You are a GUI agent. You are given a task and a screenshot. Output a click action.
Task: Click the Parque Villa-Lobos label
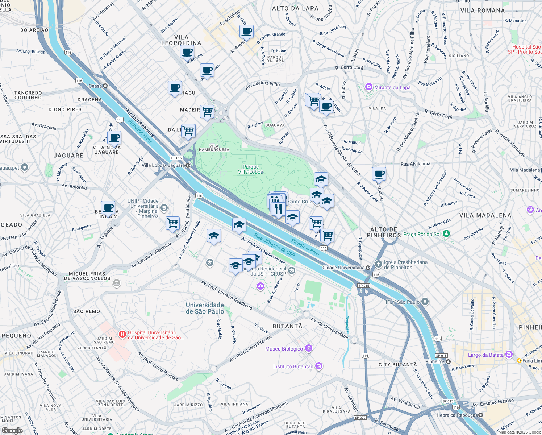pyautogui.click(x=250, y=169)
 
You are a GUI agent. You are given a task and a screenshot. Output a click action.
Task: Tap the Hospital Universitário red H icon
pyautogui.click(x=122, y=335)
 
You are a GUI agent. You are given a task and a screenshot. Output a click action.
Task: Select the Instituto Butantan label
pyautogui.click(x=293, y=366)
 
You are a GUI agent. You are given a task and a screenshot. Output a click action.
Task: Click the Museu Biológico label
pyautogui.click(x=284, y=349)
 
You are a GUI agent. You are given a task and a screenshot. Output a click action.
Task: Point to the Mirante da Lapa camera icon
pyautogui.click(x=369, y=87)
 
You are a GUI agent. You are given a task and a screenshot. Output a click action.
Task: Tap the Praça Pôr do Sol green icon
pyautogui.click(x=446, y=234)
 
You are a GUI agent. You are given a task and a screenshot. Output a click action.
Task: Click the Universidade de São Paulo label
pyautogui.click(x=205, y=308)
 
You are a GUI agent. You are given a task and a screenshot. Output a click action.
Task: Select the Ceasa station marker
pyautogui.click(x=105, y=86)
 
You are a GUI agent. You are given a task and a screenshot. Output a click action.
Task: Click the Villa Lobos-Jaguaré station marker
pyautogui.click(x=188, y=166)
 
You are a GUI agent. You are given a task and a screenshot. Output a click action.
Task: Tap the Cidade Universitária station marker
pyautogui.click(x=368, y=268)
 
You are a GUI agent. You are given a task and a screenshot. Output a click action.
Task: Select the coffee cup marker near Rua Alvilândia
pyautogui.click(x=379, y=174)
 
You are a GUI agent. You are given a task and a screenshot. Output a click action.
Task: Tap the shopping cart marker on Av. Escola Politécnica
pyautogui.click(x=172, y=223)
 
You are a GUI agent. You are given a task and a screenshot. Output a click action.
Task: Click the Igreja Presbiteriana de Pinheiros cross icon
pyautogui.click(x=378, y=264)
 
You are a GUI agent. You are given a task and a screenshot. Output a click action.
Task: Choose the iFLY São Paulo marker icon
pyautogui.click(x=425, y=302)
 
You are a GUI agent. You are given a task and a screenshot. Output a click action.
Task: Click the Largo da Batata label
pyautogui.click(x=485, y=355)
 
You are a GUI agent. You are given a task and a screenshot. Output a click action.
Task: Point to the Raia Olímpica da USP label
pyautogui.click(x=274, y=245)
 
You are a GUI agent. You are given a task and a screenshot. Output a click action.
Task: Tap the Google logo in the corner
pyautogui.click(x=12, y=431)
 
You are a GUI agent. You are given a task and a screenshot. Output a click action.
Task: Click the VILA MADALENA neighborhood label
pyautogui.click(x=485, y=215)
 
